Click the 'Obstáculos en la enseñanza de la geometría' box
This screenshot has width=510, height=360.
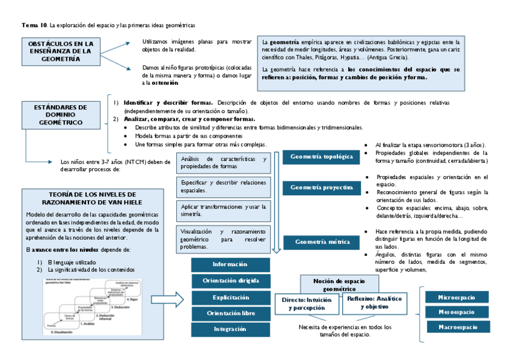[x=61, y=52]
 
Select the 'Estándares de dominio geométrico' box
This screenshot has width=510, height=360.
[x=61, y=115]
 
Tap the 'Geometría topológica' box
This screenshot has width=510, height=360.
[x=321, y=157]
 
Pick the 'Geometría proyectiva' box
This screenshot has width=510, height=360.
[x=321, y=188]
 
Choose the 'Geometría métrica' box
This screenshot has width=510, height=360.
[x=321, y=242]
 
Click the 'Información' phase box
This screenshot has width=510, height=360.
[x=230, y=265]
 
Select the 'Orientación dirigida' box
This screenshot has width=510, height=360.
[x=230, y=281]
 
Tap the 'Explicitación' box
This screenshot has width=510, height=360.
[x=230, y=297]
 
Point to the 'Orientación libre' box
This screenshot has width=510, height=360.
[x=230, y=313]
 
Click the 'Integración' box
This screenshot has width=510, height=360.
[x=230, y=329]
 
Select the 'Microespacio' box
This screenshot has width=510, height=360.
[x=457, y=297]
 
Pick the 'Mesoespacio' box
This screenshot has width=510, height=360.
[x=457, y=312]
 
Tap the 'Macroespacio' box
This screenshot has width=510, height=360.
[x=458, y=327]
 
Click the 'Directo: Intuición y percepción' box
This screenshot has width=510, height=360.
[x=306, y=303]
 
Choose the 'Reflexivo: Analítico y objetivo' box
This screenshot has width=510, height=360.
[x=374, y=302]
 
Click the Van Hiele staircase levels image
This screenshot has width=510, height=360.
[x=93, y=307]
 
